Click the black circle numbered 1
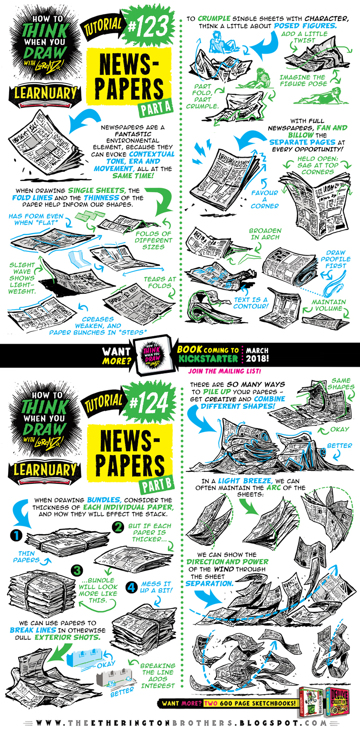coord(16,536)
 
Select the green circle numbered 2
coord(118,527)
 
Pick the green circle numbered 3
coord(78,570)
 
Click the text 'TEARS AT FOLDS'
coord(160,282)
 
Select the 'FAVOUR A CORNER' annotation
coord(265,199)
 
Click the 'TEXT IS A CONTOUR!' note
coord(250,303)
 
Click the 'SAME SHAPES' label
coord(340,383)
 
